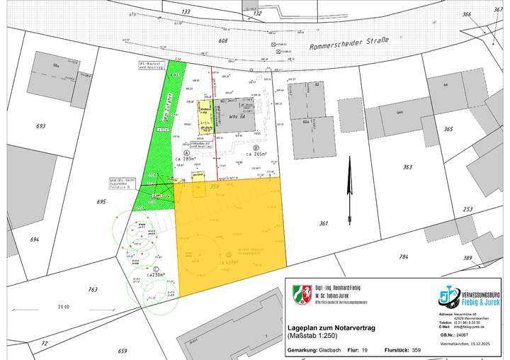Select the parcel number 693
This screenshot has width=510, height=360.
pos(40,126)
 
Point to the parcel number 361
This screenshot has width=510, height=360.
pos(324,224)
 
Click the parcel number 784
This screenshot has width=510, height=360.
pos(403,257)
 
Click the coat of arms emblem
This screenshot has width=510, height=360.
pos(302,293)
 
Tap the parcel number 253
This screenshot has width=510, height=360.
pos(467,209)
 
